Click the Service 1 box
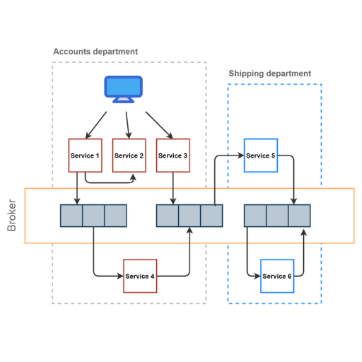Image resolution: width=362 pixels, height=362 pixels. point(85,156)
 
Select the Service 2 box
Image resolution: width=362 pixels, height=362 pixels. point(129,156)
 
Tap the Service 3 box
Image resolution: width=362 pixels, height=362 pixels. point(173,156)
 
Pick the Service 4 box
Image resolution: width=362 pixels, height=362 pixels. point(140,276)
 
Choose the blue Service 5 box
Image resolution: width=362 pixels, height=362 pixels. point(261,156)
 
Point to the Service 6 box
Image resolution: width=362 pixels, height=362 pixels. point(277,276)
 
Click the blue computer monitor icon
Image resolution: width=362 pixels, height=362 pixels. point(123,89)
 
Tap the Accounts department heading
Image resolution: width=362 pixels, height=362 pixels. point(95,52)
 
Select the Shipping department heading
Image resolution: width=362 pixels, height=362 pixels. point(270,74)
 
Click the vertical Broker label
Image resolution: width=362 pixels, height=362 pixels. point(11,215)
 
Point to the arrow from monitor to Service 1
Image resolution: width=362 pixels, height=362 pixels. point(96,125)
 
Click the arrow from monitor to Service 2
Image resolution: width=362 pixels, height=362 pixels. point(127,125)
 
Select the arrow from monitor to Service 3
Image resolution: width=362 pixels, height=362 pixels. point(159,125)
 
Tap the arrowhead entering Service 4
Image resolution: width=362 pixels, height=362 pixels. point(120,276)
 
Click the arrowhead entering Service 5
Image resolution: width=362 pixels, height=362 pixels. point(241,156)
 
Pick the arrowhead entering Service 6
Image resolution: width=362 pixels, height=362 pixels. point(257,276)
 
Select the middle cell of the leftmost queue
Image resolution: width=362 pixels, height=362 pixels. point(93,216)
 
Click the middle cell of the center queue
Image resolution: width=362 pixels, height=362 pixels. point(189,216)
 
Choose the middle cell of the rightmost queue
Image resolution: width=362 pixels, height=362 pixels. point(277,216)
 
